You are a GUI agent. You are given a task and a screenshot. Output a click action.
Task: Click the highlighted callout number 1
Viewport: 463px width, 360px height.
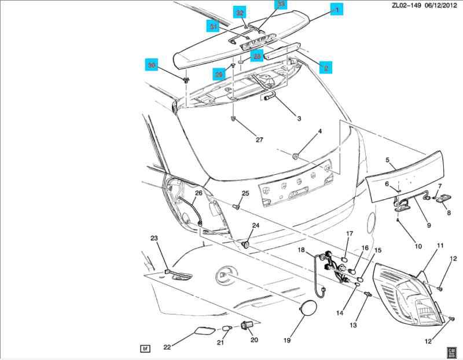337,9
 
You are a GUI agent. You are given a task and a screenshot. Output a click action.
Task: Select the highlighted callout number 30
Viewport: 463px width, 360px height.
152,65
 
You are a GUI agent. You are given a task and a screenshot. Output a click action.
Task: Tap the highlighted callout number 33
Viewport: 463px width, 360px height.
281,5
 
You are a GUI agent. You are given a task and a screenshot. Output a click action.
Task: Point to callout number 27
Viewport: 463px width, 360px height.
259,139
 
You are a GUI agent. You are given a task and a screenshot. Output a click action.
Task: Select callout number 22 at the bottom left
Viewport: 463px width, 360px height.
167,347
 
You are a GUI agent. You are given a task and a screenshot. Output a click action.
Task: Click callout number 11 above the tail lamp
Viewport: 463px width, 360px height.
440,246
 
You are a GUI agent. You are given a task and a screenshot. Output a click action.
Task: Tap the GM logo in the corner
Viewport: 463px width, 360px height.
452,351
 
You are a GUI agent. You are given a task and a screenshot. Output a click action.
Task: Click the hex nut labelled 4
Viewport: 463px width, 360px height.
296,155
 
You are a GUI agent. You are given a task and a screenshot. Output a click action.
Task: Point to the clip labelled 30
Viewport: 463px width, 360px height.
186,79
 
